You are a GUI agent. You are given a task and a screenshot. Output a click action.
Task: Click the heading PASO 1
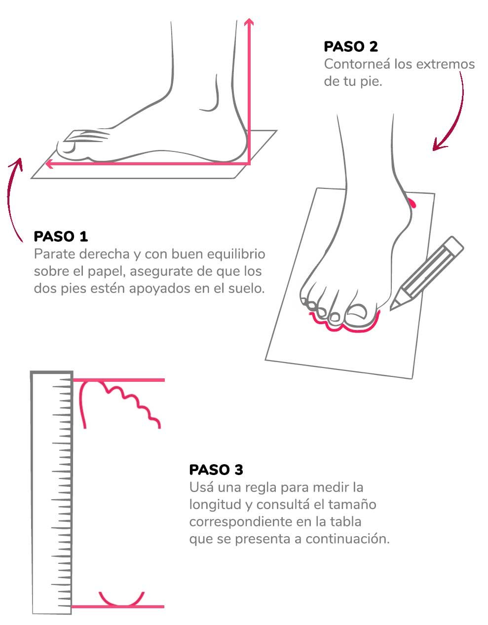(61, 236)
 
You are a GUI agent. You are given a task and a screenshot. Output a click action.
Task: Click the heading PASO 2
(350, 46)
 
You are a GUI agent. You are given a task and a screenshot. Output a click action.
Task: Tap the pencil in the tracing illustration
(426, 273)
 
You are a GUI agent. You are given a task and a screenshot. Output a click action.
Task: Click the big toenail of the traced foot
(358, 312)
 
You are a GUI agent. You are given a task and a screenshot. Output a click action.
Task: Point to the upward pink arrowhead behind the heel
(249, 22)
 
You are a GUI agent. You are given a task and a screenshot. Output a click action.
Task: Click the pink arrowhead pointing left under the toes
(49, 164)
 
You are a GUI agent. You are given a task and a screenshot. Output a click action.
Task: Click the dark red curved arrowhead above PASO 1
(17, 164)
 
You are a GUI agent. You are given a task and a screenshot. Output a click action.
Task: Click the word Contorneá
(357, 64)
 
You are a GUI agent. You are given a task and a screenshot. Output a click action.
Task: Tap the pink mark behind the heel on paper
(413, 203)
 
